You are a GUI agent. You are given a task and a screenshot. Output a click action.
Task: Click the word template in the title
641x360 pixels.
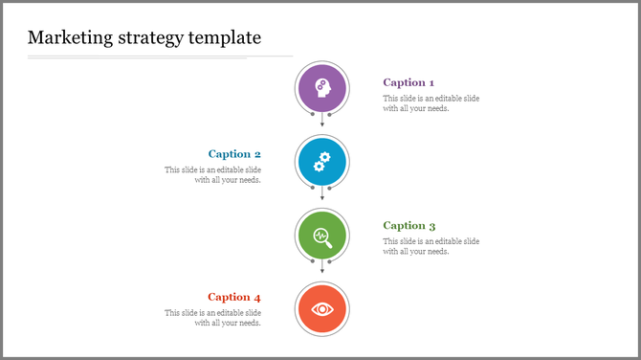[x=226, y=38]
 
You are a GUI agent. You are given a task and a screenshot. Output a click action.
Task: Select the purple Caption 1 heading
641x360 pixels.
[x=409, y=82]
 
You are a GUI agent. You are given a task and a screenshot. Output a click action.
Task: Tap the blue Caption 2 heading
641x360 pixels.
[x=234, y=154]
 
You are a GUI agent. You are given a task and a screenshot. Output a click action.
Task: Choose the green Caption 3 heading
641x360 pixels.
[x=409, y=226]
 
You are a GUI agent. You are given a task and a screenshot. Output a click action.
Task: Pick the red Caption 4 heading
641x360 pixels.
[x=234, y=297]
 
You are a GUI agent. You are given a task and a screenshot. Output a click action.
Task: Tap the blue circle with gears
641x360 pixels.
[x=321, y=161]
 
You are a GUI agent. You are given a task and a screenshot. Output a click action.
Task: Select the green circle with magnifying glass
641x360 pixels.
[x=321, y=236]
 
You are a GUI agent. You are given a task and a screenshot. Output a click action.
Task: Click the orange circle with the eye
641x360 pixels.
[x=321, y=308]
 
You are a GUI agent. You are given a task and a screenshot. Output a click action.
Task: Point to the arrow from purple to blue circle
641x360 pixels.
[x=321, y=122]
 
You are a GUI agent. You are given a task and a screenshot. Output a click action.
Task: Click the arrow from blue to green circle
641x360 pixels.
[x=321, y=195]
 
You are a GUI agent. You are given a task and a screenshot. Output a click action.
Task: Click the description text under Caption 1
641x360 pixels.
[x=431, y=103]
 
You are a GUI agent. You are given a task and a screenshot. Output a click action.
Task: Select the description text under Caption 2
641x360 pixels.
[x=212, y=174]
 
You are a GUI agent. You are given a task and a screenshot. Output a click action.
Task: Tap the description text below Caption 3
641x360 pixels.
[x=431, y=246]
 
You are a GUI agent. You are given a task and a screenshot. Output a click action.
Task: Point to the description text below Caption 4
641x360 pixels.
[x=212, y=318]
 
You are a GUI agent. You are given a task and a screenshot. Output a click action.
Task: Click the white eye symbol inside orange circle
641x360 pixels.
[x=321, y=308]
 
